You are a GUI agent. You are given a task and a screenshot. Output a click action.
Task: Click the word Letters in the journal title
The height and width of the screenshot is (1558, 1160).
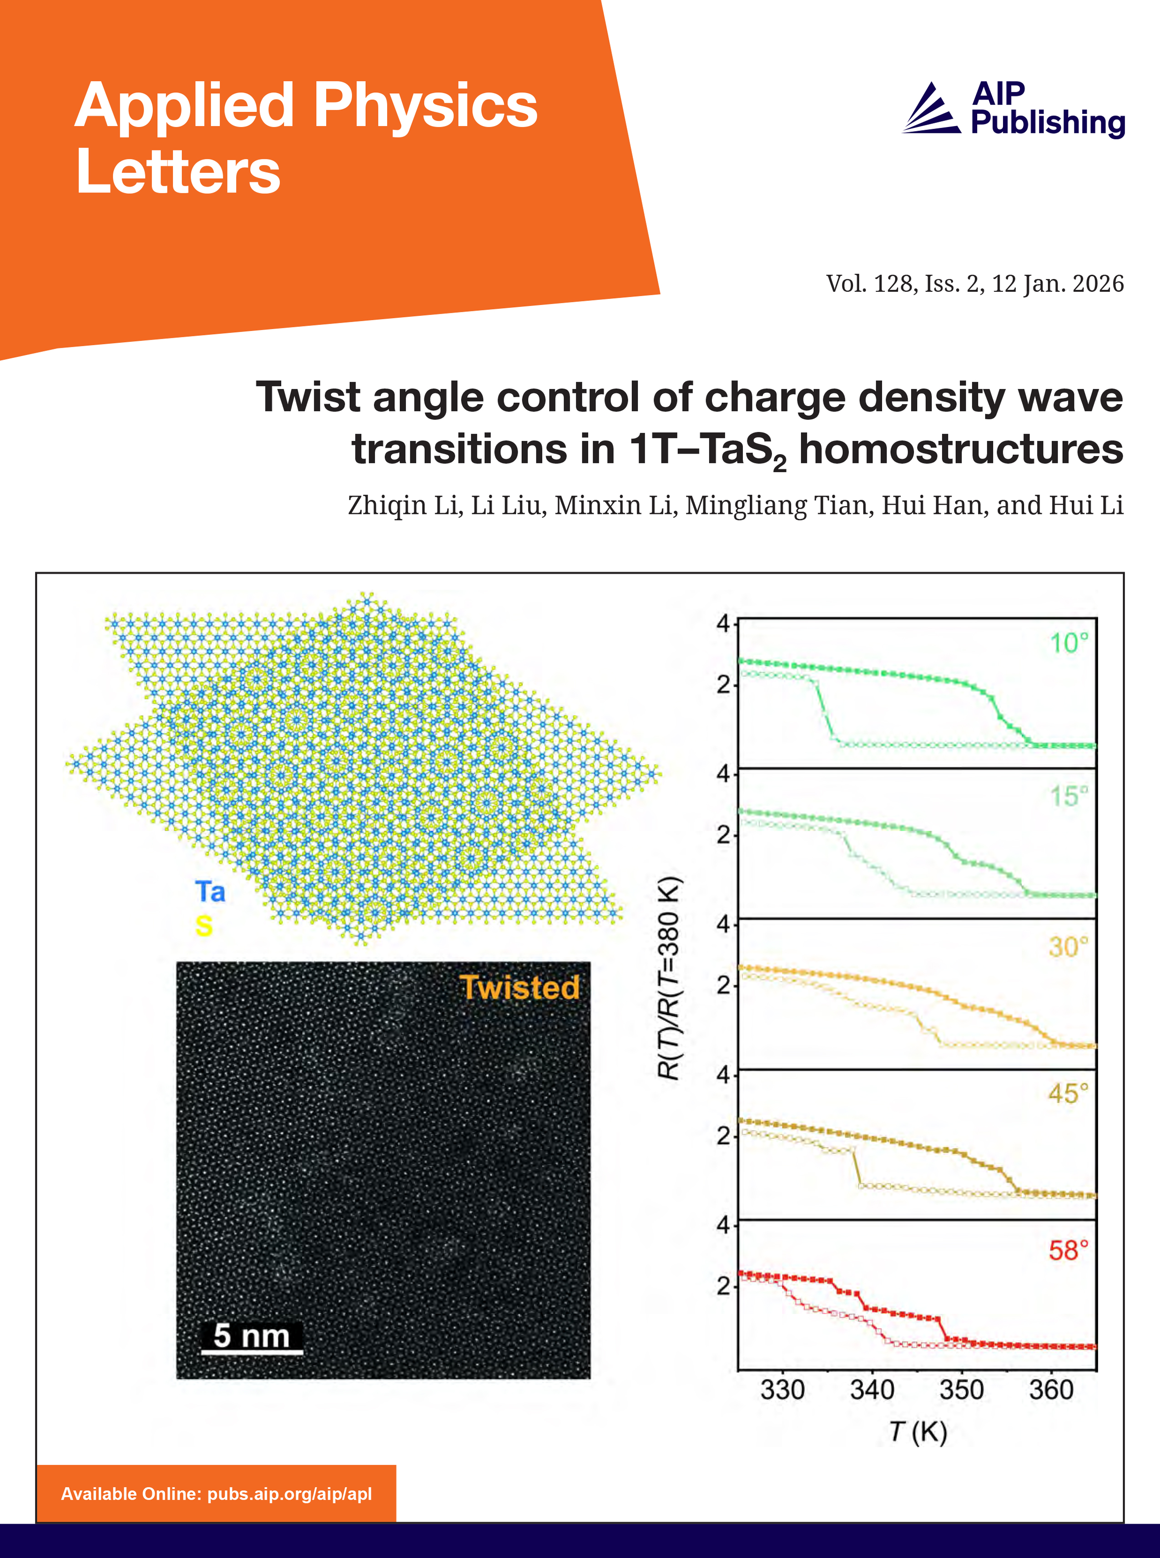click(x=178, y=172)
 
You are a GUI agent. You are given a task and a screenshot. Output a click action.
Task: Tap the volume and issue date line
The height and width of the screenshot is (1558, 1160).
click(x=974, y=284)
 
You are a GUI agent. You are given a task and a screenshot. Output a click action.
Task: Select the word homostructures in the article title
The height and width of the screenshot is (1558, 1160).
click(x=961, y=450)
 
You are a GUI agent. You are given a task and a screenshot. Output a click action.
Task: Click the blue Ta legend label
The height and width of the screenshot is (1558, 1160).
click(x=210, y=892)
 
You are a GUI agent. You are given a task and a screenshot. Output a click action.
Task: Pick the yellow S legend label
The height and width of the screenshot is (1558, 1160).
click(x=204, y=927)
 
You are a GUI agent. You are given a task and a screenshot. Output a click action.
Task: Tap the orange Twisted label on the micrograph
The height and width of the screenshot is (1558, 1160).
click(x=519, y=988)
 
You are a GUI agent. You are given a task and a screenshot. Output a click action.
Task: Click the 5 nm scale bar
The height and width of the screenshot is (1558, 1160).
click(x=252, y=1337)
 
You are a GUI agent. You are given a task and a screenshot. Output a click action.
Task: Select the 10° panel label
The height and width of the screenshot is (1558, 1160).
click(x=1068, y=643)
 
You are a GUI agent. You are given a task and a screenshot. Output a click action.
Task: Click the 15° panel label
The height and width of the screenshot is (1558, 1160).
click(x=1068, y=796)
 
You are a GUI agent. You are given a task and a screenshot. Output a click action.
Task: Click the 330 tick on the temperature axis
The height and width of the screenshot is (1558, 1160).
click(x=782, y=1390)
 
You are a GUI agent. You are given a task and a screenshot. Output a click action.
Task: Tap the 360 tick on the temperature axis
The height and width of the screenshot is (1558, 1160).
click(x=1051, y=1390)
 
